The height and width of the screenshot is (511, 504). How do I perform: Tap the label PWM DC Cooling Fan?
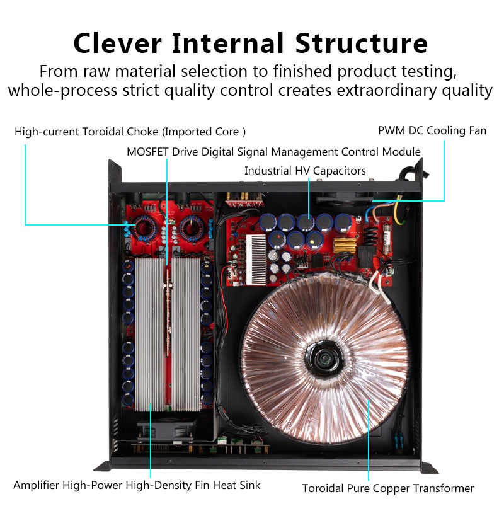point(432,130)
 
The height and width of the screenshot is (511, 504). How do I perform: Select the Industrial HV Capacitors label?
point(305,171)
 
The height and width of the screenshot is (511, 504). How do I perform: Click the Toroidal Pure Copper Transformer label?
point(388,488)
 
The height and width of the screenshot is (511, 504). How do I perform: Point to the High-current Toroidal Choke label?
point(130,132)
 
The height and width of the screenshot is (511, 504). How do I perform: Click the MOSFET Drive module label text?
point(273,152)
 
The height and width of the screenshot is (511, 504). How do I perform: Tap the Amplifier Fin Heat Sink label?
point(137,485)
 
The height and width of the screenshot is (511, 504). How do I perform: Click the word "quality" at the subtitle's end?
point(467,90)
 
